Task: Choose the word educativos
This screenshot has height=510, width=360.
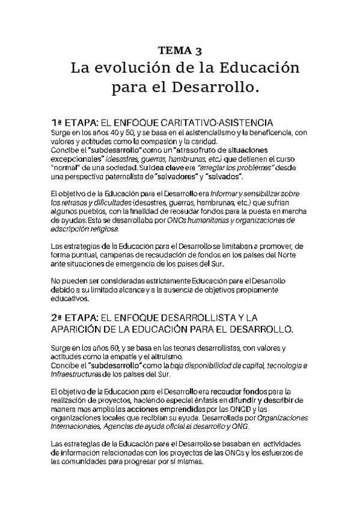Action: click(x=70, y=299)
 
